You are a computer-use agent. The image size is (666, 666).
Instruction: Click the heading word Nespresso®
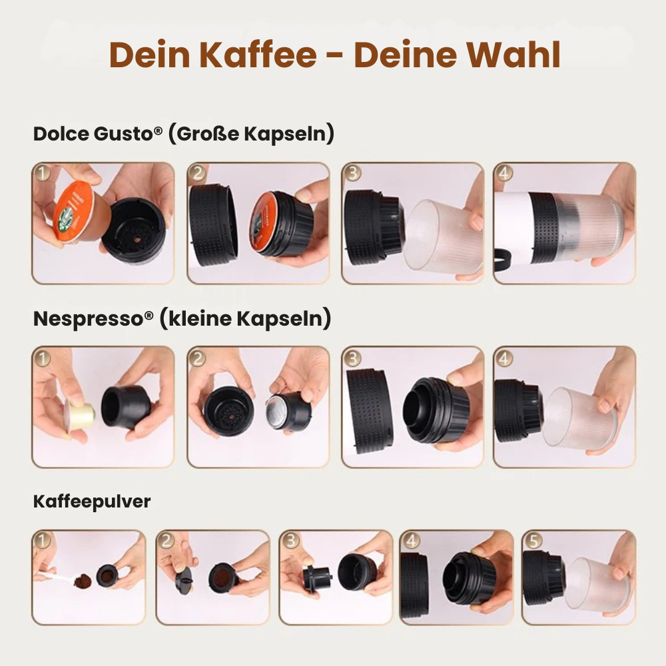click(93, 318)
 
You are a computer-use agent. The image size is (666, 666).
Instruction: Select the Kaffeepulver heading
click(92, 501)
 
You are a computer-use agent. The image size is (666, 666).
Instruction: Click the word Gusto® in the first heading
click(128, 133)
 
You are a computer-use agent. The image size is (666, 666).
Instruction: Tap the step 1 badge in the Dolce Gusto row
click(43, 174)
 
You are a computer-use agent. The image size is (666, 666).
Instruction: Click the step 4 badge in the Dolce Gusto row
click(504, 173)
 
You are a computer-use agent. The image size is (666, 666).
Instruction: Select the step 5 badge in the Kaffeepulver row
click(531, 540)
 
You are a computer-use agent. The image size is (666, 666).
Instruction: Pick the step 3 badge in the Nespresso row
click(352, 358)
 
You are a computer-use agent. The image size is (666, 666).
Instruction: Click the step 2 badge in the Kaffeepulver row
click(166, 540)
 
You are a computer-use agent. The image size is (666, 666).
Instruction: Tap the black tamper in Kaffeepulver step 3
click(318, 577)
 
